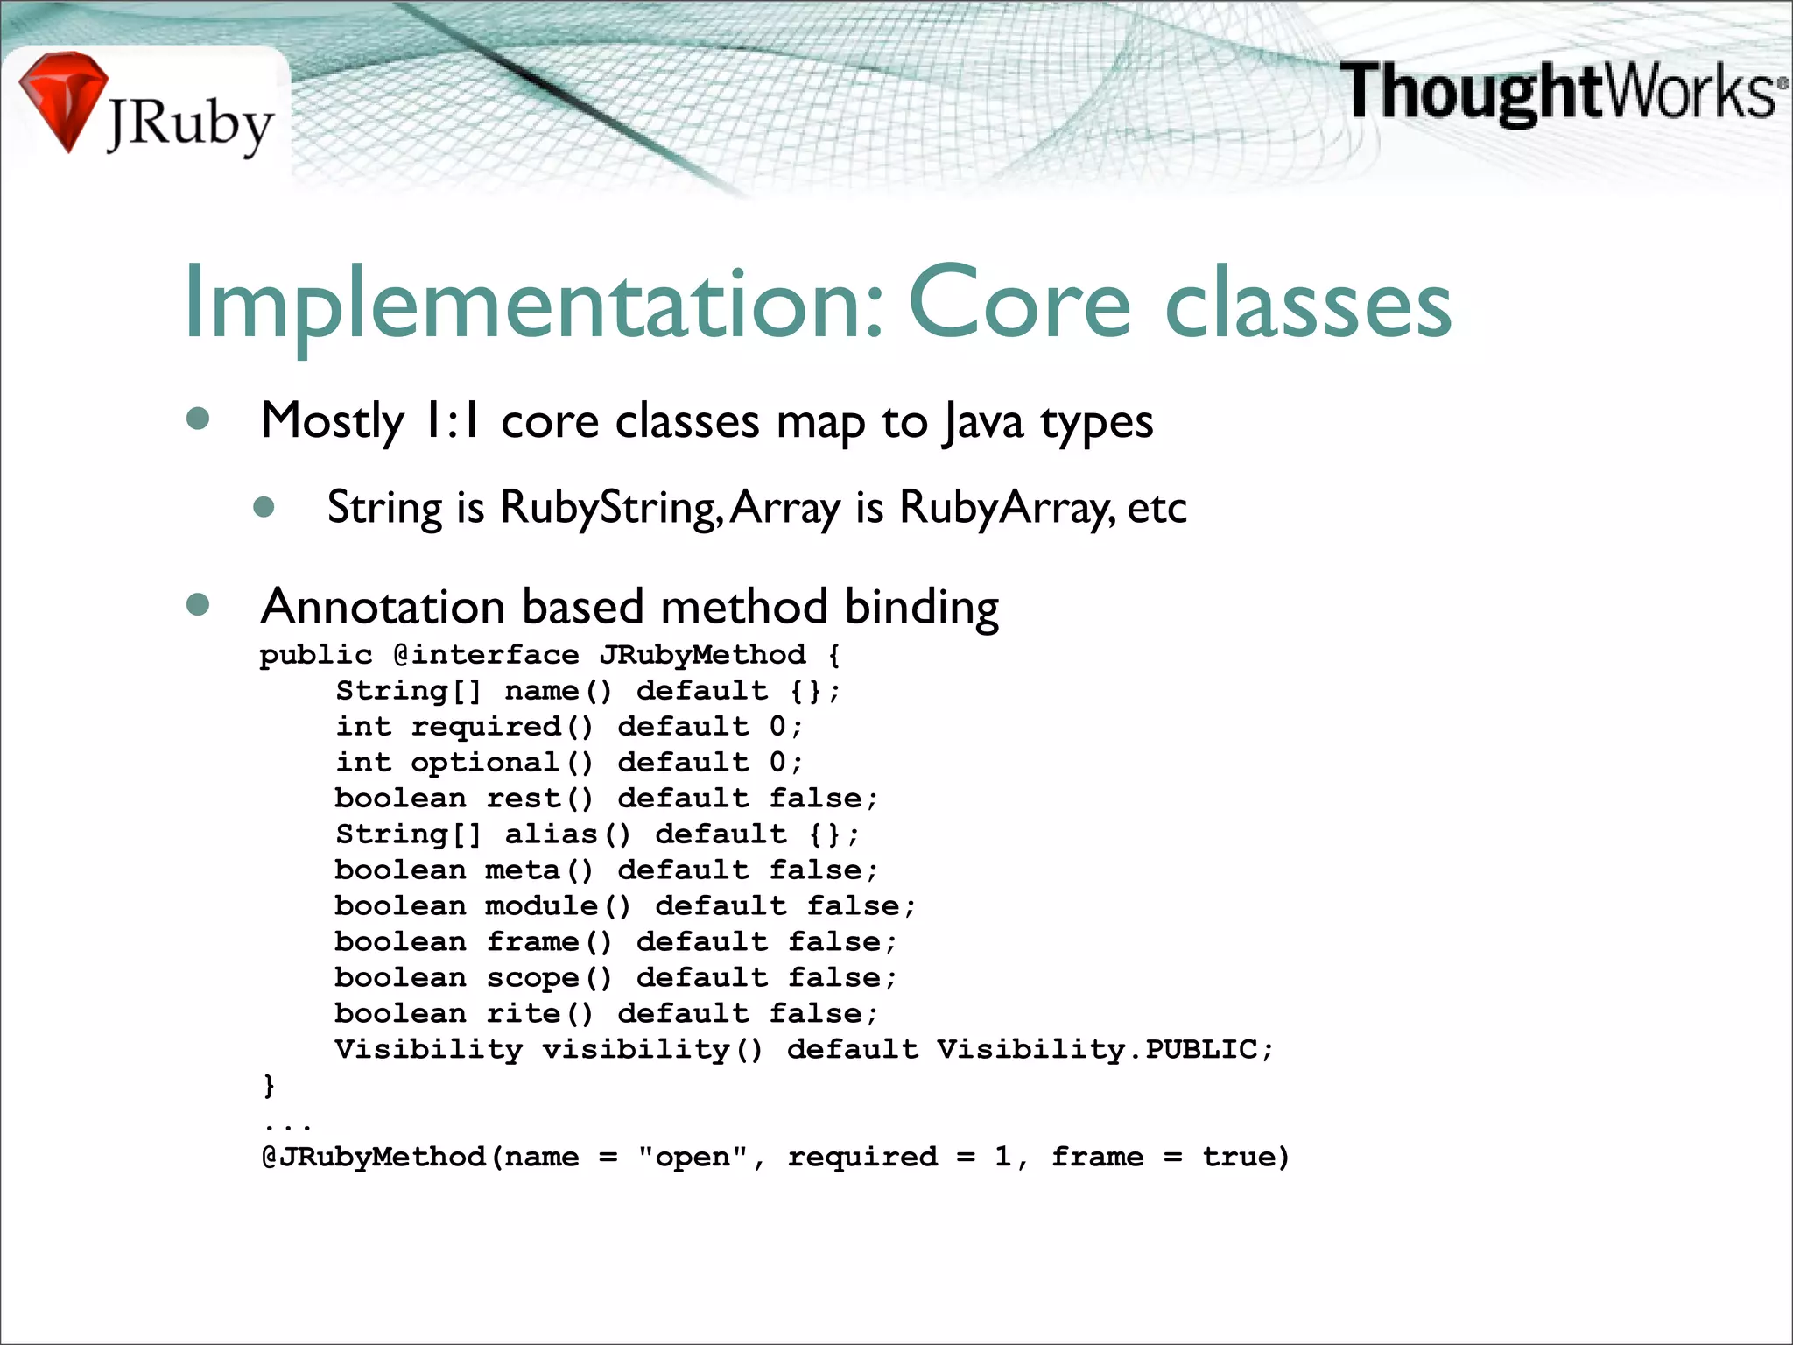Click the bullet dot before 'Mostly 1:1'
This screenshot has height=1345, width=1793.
click(199, 419)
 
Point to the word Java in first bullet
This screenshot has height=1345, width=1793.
click(983, 423)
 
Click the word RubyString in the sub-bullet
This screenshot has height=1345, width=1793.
click(610, 508)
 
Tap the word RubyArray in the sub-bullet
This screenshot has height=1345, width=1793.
click(1007, 508)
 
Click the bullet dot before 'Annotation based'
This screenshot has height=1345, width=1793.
click(199, 605)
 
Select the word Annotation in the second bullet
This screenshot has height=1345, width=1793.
click(383, 607)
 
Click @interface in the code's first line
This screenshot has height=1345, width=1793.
click(486, 655)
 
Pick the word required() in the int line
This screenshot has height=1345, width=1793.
click(503, 727)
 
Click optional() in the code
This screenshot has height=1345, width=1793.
click(503, 763)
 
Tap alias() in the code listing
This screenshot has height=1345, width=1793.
click(567, 834)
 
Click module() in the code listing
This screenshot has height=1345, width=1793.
click(558, 906)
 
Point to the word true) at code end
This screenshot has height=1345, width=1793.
click(1246, 1158)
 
